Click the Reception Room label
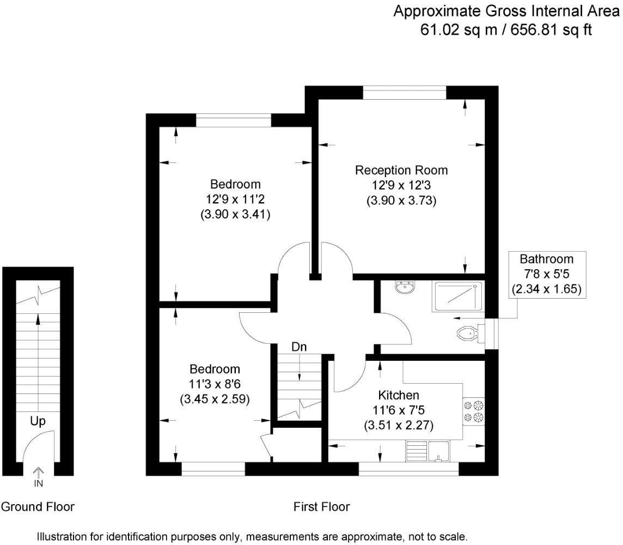pyautogui.click(x=401, y=170)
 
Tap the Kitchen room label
pyautogui.click(x=399, y=395)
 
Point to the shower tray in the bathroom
pyautogui.click(x=457, y=296)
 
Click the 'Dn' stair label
pyautogui.click(x=298, y=346)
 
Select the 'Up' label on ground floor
pyautogui.click(x=38, y=421)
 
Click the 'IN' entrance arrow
pyautogui.click(x=39, y=476)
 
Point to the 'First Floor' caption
pyautogui.click(x=321, y=507)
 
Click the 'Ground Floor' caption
pyautogui.click(x=38, y=507)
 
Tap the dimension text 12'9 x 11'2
pyautogui.click(x=235, y=199)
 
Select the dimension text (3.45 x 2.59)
pyautogui.click(x=215, y=399)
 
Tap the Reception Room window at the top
pyautogui.click(x=404, y=93)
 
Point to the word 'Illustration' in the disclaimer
pyautogui.click(x=63, y=536)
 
